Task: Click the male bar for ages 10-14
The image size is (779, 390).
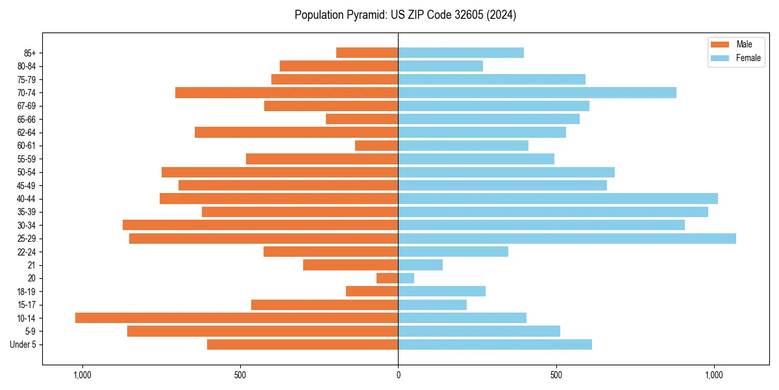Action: (236, 318)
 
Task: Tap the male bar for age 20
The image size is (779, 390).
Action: (388, 278)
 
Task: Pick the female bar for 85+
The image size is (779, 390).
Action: (461, 53)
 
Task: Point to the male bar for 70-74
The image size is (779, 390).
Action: (286, 92)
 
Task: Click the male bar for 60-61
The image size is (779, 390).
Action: (377, 146)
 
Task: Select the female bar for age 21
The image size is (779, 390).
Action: (420, 265)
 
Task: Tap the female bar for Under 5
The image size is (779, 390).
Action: (495, 344)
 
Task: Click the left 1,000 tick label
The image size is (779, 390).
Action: (82, 376)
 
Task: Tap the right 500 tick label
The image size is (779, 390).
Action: (556, 376)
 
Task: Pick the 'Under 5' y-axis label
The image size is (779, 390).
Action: (23, 344)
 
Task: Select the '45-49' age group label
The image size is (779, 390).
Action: (27, 185)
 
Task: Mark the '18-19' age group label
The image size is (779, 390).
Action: (27, 291)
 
